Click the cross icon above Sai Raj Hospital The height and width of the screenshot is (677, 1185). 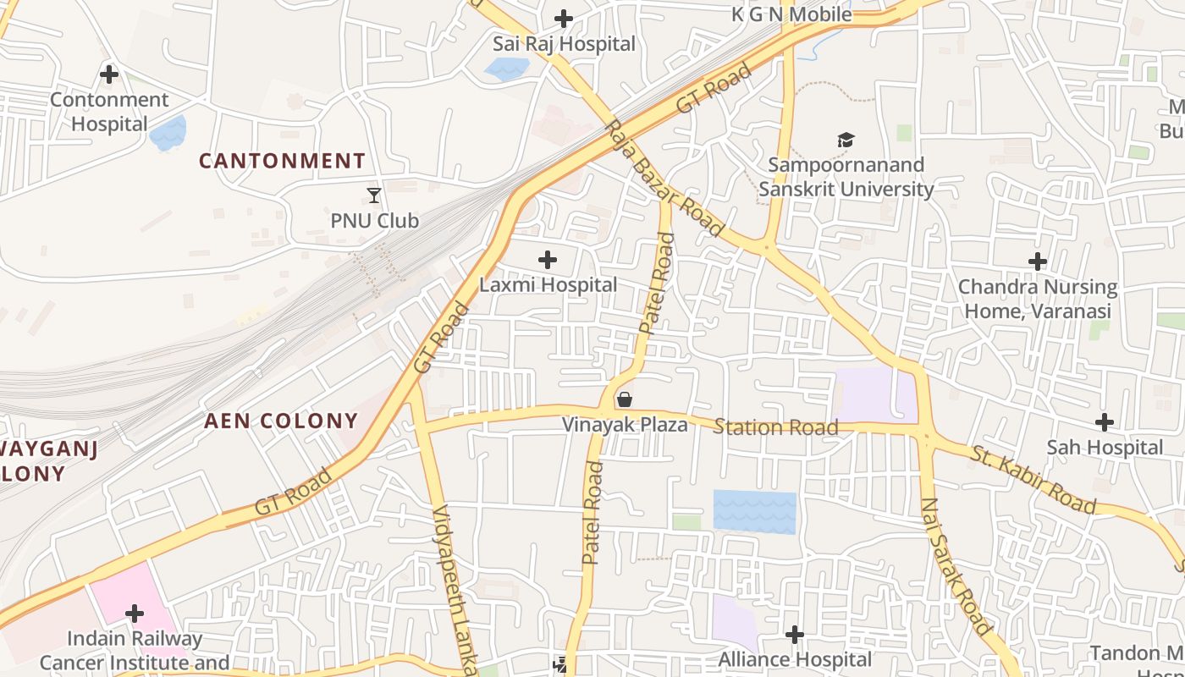pos(564,18)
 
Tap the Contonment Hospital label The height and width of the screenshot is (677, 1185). pos(109,112)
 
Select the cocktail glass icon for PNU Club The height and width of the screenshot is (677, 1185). pos(374,195)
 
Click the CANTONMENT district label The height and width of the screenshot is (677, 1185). pos(283,161)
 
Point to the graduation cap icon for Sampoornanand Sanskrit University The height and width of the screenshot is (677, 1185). pos(846,140)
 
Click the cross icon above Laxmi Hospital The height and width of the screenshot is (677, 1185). pos(548,259)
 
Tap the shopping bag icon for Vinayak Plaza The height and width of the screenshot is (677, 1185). pos(625,399)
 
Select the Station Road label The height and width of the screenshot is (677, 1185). pos(775,427)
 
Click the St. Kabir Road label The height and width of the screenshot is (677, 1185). pos(1033,478)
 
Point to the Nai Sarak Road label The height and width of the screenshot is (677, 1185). pos(956,565)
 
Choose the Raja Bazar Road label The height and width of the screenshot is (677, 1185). pos(664,178)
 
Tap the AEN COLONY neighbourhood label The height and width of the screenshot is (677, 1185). pos(281,421)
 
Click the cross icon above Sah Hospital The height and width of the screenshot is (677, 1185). pos(1104,421)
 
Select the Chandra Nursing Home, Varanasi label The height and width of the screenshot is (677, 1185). pos(1038,299)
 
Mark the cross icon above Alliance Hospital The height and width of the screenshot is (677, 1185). pos(794,634)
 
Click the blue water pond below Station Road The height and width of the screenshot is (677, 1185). pos(754,511)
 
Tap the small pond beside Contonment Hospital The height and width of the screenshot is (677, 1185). pos(168,133)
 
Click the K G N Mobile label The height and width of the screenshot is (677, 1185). pos(791,14)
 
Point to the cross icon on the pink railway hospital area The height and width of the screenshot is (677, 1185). pos(135,613)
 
